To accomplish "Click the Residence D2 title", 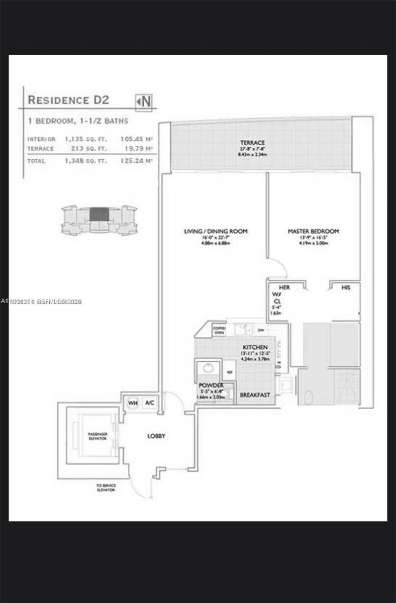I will coord(68,99).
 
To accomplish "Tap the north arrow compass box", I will coord(144,101).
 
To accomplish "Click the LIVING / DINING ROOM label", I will coord(215,231).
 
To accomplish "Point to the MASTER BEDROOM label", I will coord(313,231).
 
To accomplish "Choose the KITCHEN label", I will coord(255,347).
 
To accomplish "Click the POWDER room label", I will coord(211,385).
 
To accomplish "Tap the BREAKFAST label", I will coord(255,395).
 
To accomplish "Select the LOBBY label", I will coord(156,436).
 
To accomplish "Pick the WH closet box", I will coord(132,403).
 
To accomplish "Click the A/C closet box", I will coord(149,403).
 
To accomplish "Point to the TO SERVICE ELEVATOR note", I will coord(106,487).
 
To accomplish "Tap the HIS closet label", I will coord(345,287).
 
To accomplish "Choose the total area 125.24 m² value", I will coord(137,161).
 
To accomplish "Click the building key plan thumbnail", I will coord(98,220).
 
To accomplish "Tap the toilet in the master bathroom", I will coord(307,397).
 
